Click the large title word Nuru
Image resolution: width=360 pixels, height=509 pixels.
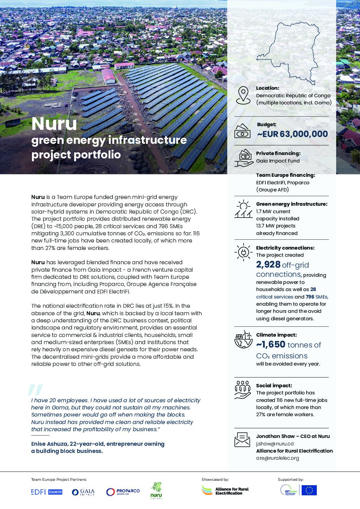54,124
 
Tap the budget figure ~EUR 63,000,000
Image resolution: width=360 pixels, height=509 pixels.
292,134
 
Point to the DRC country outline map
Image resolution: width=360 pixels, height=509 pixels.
287,51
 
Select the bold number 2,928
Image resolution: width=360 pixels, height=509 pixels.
268,265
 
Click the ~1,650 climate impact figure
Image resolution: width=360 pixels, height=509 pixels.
271,345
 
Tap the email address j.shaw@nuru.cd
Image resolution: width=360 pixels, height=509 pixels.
275,443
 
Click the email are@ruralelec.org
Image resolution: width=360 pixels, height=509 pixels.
277,458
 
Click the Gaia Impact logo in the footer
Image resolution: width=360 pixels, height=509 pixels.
83,492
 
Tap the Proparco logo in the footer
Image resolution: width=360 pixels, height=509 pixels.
123,492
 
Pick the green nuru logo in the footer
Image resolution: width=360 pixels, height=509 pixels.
156,490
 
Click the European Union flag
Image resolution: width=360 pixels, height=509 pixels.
309,490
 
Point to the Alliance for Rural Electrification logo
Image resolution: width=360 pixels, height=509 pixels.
225,490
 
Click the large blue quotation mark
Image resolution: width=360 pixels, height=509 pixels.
35,390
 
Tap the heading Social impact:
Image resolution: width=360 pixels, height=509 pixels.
274,386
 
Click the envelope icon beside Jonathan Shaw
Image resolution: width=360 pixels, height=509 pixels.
242,439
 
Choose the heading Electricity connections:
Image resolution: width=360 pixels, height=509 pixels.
285,248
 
